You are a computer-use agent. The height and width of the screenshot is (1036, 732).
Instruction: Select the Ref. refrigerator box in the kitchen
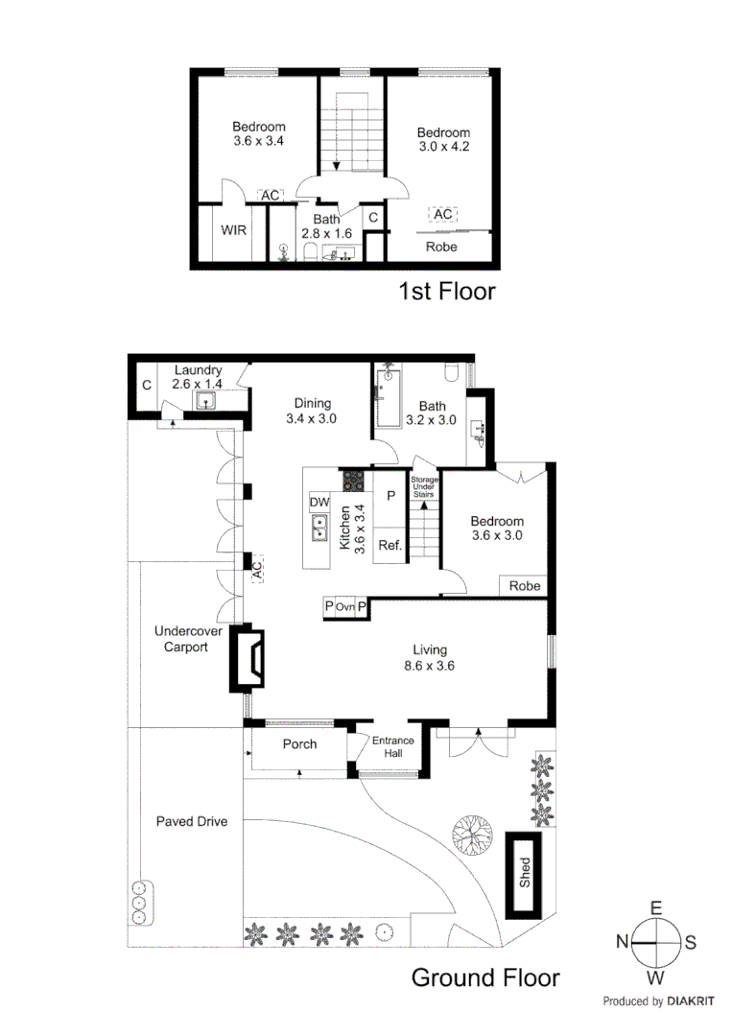[x=390, y=544]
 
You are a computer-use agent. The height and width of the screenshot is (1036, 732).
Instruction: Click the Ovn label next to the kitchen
[x=345, y=607]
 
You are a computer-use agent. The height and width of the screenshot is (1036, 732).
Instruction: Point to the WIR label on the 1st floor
[x=235, y=230]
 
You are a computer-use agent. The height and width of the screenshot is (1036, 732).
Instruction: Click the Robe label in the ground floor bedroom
[x=524, y=586]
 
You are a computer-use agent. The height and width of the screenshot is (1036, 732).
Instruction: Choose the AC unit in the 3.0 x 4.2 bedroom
[x=441, y=215]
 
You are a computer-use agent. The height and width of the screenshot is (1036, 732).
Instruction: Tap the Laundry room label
[x=198, y=370]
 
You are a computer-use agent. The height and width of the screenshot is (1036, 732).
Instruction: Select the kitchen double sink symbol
[x=319, y=529]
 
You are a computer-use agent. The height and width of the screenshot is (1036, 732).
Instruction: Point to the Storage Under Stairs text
[x=423, y=486]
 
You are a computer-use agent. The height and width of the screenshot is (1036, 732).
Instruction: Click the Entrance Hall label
[x=393, y=746]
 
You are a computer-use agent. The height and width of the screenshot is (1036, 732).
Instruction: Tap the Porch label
[x=299, y=744]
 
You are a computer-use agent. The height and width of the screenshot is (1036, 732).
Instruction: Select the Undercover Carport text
[x=182, y=638]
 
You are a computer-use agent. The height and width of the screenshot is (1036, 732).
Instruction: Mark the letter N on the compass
[x=622, y=943]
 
